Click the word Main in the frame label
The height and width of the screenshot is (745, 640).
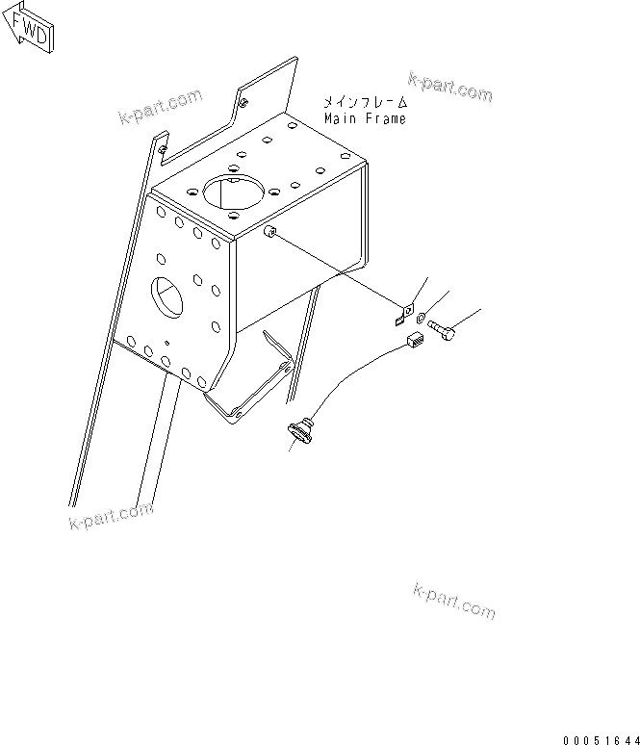339,119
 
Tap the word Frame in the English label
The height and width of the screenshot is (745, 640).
385,119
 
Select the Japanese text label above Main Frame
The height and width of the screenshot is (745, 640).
366,102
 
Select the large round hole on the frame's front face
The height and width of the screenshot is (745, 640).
164,296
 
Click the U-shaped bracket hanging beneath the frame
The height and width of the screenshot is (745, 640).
255,380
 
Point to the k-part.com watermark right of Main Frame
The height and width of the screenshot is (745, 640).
449,87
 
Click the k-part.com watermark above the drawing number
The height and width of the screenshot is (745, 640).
453,601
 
